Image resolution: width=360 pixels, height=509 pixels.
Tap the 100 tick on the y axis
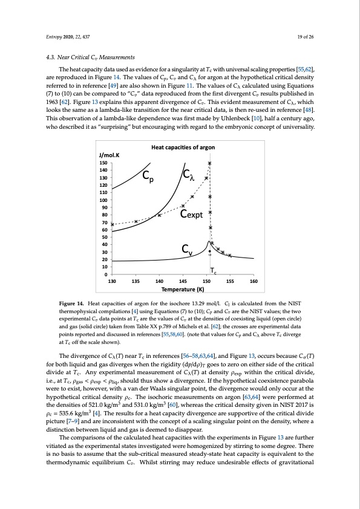pos(104,200)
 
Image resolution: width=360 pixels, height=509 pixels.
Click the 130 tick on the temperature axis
pos(111,282)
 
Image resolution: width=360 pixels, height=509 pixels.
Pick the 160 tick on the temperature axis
pos(254,282)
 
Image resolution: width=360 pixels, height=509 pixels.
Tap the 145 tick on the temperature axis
pos(183,282)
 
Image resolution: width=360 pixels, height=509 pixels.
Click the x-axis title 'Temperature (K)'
pos(182,290)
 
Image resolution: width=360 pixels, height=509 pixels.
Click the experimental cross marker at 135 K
pos(136,221)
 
